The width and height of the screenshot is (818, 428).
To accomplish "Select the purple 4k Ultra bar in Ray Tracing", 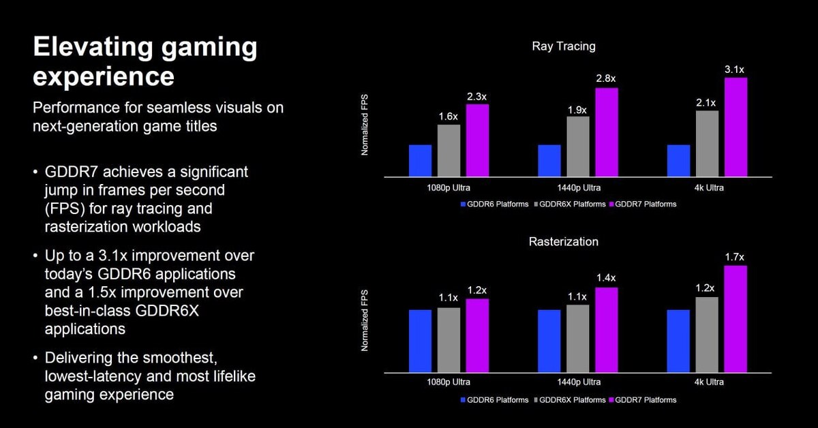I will tap(736, 127).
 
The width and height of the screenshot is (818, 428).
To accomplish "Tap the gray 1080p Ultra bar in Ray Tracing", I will tap(449, 151).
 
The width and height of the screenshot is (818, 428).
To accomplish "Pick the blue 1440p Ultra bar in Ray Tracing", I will tap(549, 161).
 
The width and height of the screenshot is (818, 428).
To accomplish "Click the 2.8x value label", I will tap(606, 80).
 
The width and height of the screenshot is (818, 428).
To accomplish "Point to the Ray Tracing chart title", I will tap(563, 46).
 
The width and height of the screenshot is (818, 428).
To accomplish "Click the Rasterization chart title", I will tap(563, 242).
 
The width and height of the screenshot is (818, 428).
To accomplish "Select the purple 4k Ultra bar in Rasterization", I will tap(736, 319).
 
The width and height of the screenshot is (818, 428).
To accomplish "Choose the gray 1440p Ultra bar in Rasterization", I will tap(577, 339).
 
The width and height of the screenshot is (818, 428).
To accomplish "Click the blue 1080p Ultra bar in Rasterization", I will tap(420, 341).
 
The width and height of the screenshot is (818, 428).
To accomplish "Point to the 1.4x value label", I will tap(606, 278).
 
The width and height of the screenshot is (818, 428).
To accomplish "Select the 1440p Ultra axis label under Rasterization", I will tap(577, 383).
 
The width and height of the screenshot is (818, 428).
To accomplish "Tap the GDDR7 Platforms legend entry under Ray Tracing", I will tap(643, 204).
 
